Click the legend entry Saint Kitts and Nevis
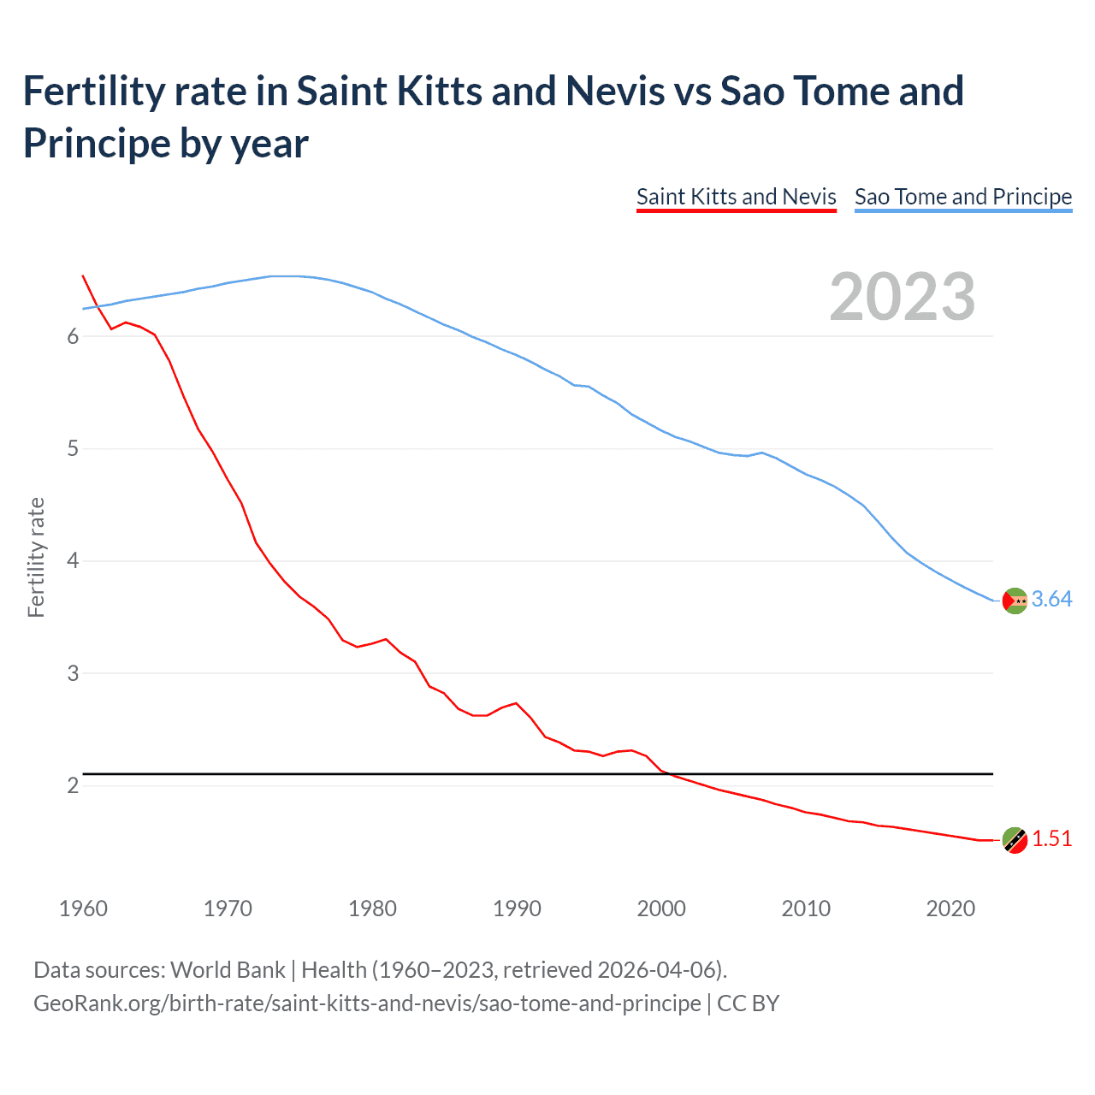pos(736,197)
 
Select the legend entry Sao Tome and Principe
pos(962,197)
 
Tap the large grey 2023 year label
pos(903,297)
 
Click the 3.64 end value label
pos(1051,600)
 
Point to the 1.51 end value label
pos(1051,839)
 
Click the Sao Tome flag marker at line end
pos(1014,601)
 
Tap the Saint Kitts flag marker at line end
pos(1014,840)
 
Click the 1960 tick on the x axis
pos(83,909)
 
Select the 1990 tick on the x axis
pos(517,909)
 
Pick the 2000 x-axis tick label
pos(661,909)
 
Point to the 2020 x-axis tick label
pos(950,909)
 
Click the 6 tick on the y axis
pos(73,337)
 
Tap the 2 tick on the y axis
pos(73,786)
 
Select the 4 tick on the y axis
pos(73,561)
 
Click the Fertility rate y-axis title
pos(36,557)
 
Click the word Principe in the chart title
pos(97,143)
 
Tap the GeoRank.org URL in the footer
pos(367,1003)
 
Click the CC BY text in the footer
pos(749,1003)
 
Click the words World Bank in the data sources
pos(228,970)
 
